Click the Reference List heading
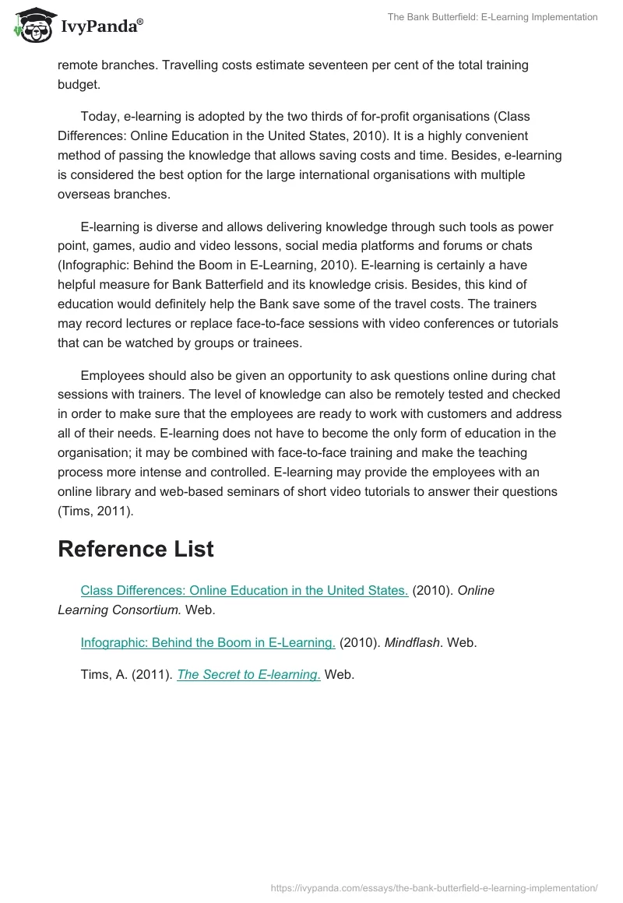(x=136, y=549)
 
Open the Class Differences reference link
(x=244, y=590)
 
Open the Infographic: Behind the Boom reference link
(x=208, y=642)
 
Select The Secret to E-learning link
(x=248, y=675)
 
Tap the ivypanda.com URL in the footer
(x=434, y=887)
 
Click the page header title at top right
(x=492, y=16)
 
